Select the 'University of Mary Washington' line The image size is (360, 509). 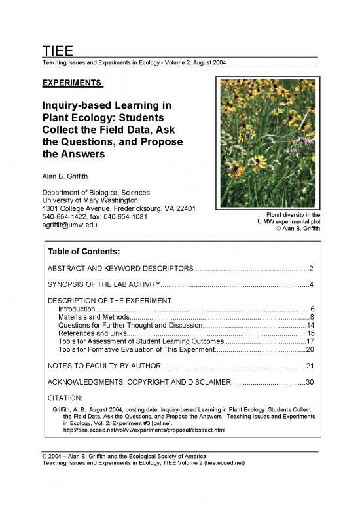pyautogui.click(x=92, y=200)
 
